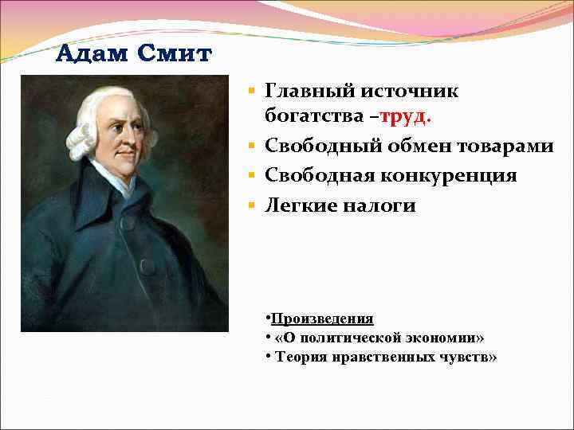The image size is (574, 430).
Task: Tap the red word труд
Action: tap(406, 118)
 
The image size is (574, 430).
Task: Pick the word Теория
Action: tap(297, 357)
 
